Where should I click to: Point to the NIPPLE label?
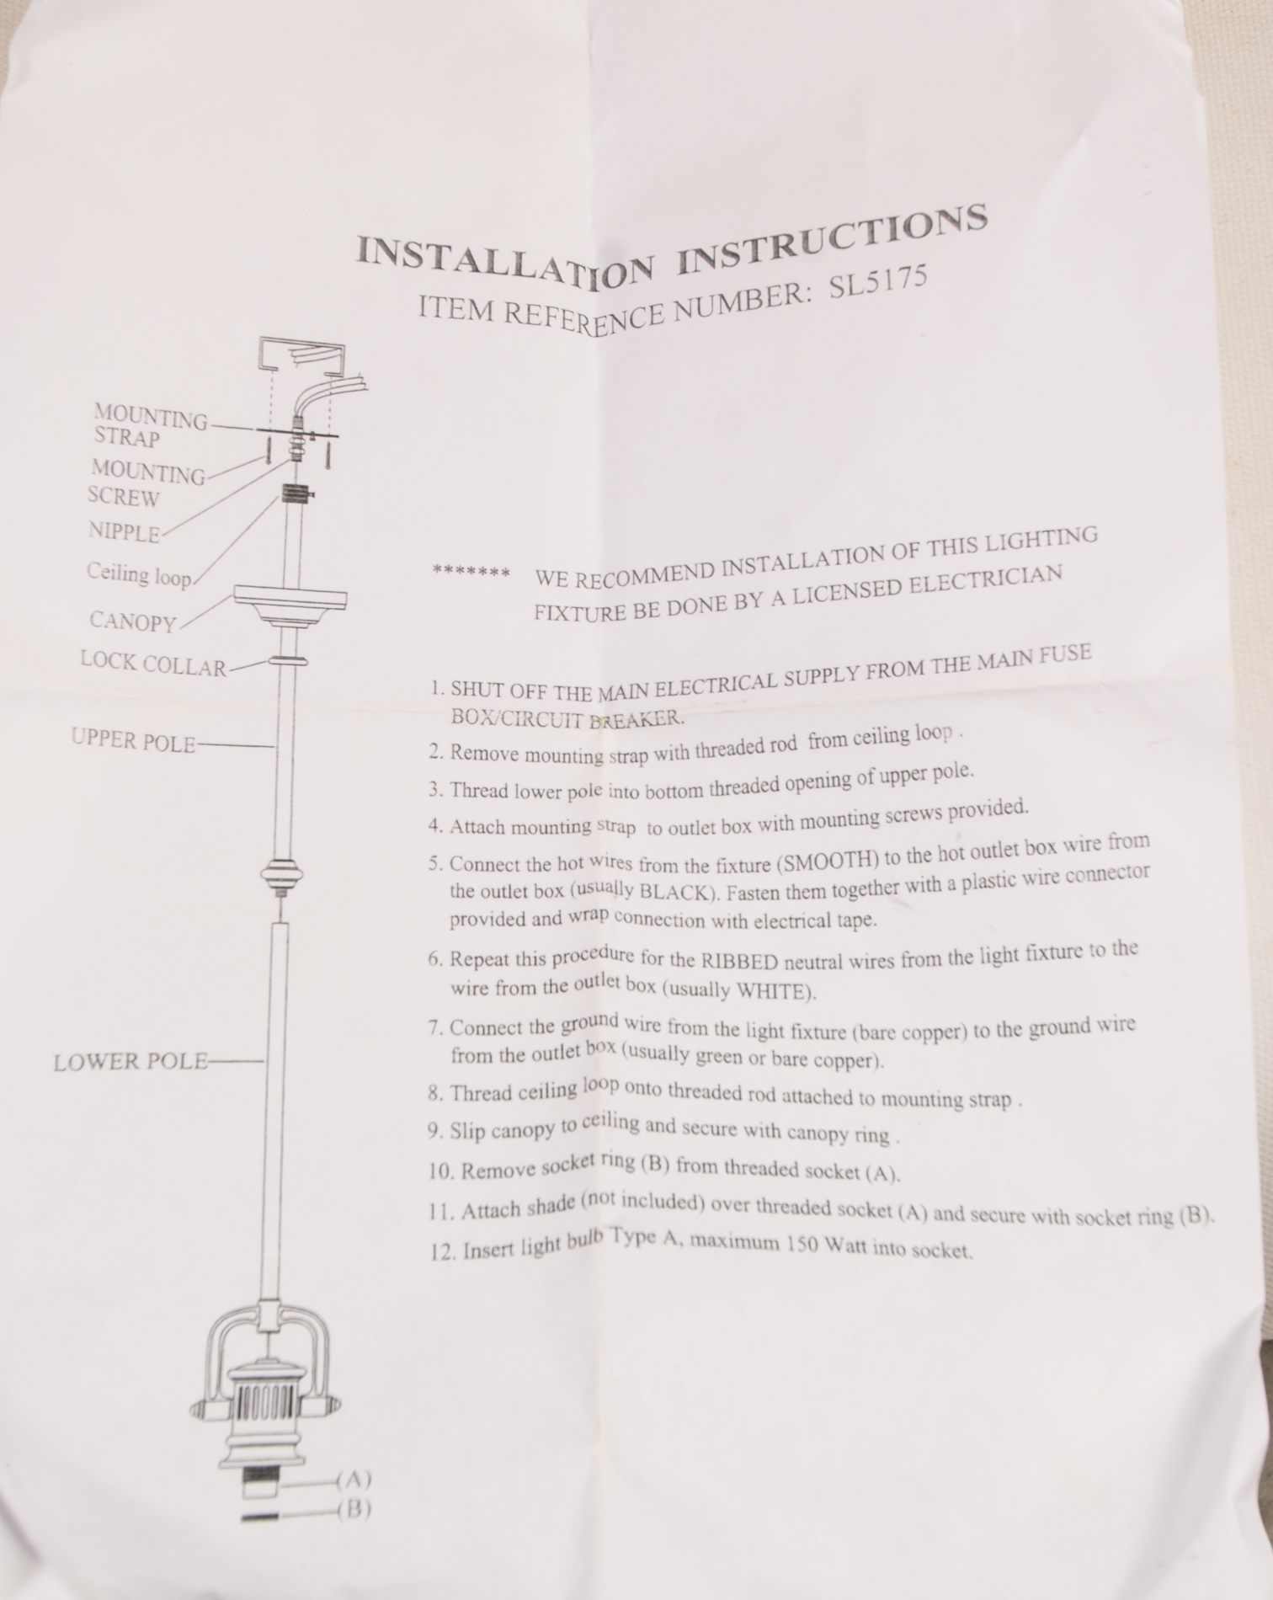[124, 532]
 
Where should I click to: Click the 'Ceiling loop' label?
[139, 574]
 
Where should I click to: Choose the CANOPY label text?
[133, 621]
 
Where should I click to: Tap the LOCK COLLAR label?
[153, 664]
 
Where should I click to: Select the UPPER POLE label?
[133, 741]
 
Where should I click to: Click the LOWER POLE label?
[130, 1061]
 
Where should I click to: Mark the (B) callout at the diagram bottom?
[354, 1509]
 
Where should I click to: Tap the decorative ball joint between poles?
[282, 877]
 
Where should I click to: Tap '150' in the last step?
[802, 1243]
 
